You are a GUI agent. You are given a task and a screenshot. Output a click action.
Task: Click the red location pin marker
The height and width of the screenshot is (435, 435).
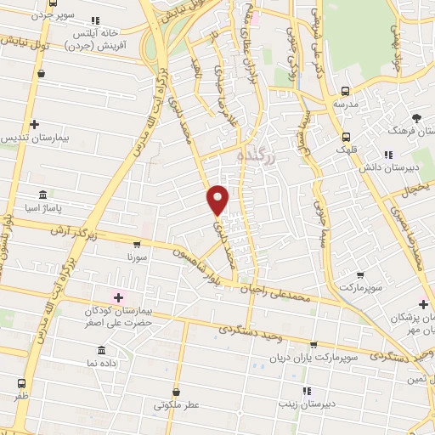218,200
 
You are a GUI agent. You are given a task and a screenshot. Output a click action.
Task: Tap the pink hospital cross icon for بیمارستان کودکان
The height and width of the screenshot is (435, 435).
117,297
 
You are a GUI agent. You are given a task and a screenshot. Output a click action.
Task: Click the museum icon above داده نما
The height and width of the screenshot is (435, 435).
101,350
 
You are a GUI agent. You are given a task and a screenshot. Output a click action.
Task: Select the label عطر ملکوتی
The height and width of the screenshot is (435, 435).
176,406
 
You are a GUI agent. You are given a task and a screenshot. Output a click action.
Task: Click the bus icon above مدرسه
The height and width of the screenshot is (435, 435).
345,91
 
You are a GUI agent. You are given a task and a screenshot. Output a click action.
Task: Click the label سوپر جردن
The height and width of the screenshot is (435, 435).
56,16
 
